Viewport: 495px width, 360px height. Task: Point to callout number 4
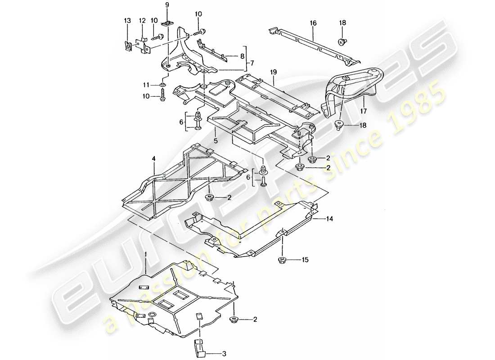(x=153, y=158)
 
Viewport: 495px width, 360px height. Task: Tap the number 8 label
(x=243, y=57)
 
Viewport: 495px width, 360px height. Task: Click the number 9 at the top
(x=167, y=4)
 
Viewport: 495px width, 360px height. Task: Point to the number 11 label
(x=146, y=84)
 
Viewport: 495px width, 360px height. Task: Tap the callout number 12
(x=142, y=20)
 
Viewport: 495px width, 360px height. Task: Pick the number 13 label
(x=128, y=20)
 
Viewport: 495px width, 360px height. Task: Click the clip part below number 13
(x=129, y=45)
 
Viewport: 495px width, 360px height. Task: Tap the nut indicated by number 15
(x=283, y=260)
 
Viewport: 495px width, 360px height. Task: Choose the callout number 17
(x=364, y=109)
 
